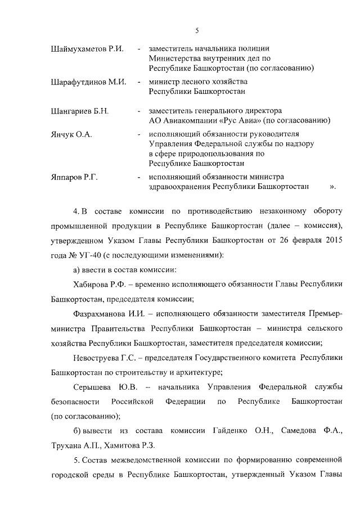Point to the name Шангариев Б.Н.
[x=80, y=111]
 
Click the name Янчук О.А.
[x=71, y=135]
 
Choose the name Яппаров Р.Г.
[x=74, y=178]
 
